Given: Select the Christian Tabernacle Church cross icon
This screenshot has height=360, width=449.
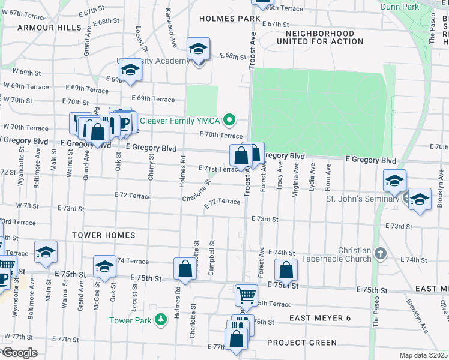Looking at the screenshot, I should (379, 254).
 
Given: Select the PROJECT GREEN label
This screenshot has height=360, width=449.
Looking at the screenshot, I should (302, 343).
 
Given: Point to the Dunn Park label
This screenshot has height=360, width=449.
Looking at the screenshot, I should (401, 7).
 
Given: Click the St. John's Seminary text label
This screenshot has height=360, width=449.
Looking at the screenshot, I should (363, 199).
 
